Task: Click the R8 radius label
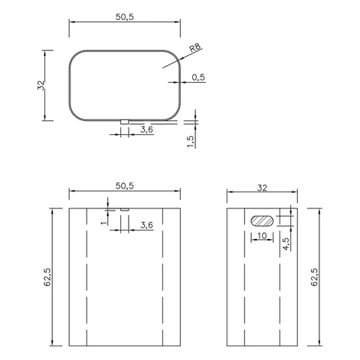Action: click(195, 47)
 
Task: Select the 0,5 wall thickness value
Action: click(198, 77)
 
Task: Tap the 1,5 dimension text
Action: click(191, 141)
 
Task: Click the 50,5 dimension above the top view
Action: click(125, 17)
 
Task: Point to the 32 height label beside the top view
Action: click(41, 85)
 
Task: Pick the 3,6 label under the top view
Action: click(146, 129)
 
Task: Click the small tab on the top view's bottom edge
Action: click(125, 122)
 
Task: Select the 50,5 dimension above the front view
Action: click(125, 186)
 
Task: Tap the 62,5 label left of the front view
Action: click(48, 277)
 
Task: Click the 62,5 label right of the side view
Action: click(315, 277)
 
